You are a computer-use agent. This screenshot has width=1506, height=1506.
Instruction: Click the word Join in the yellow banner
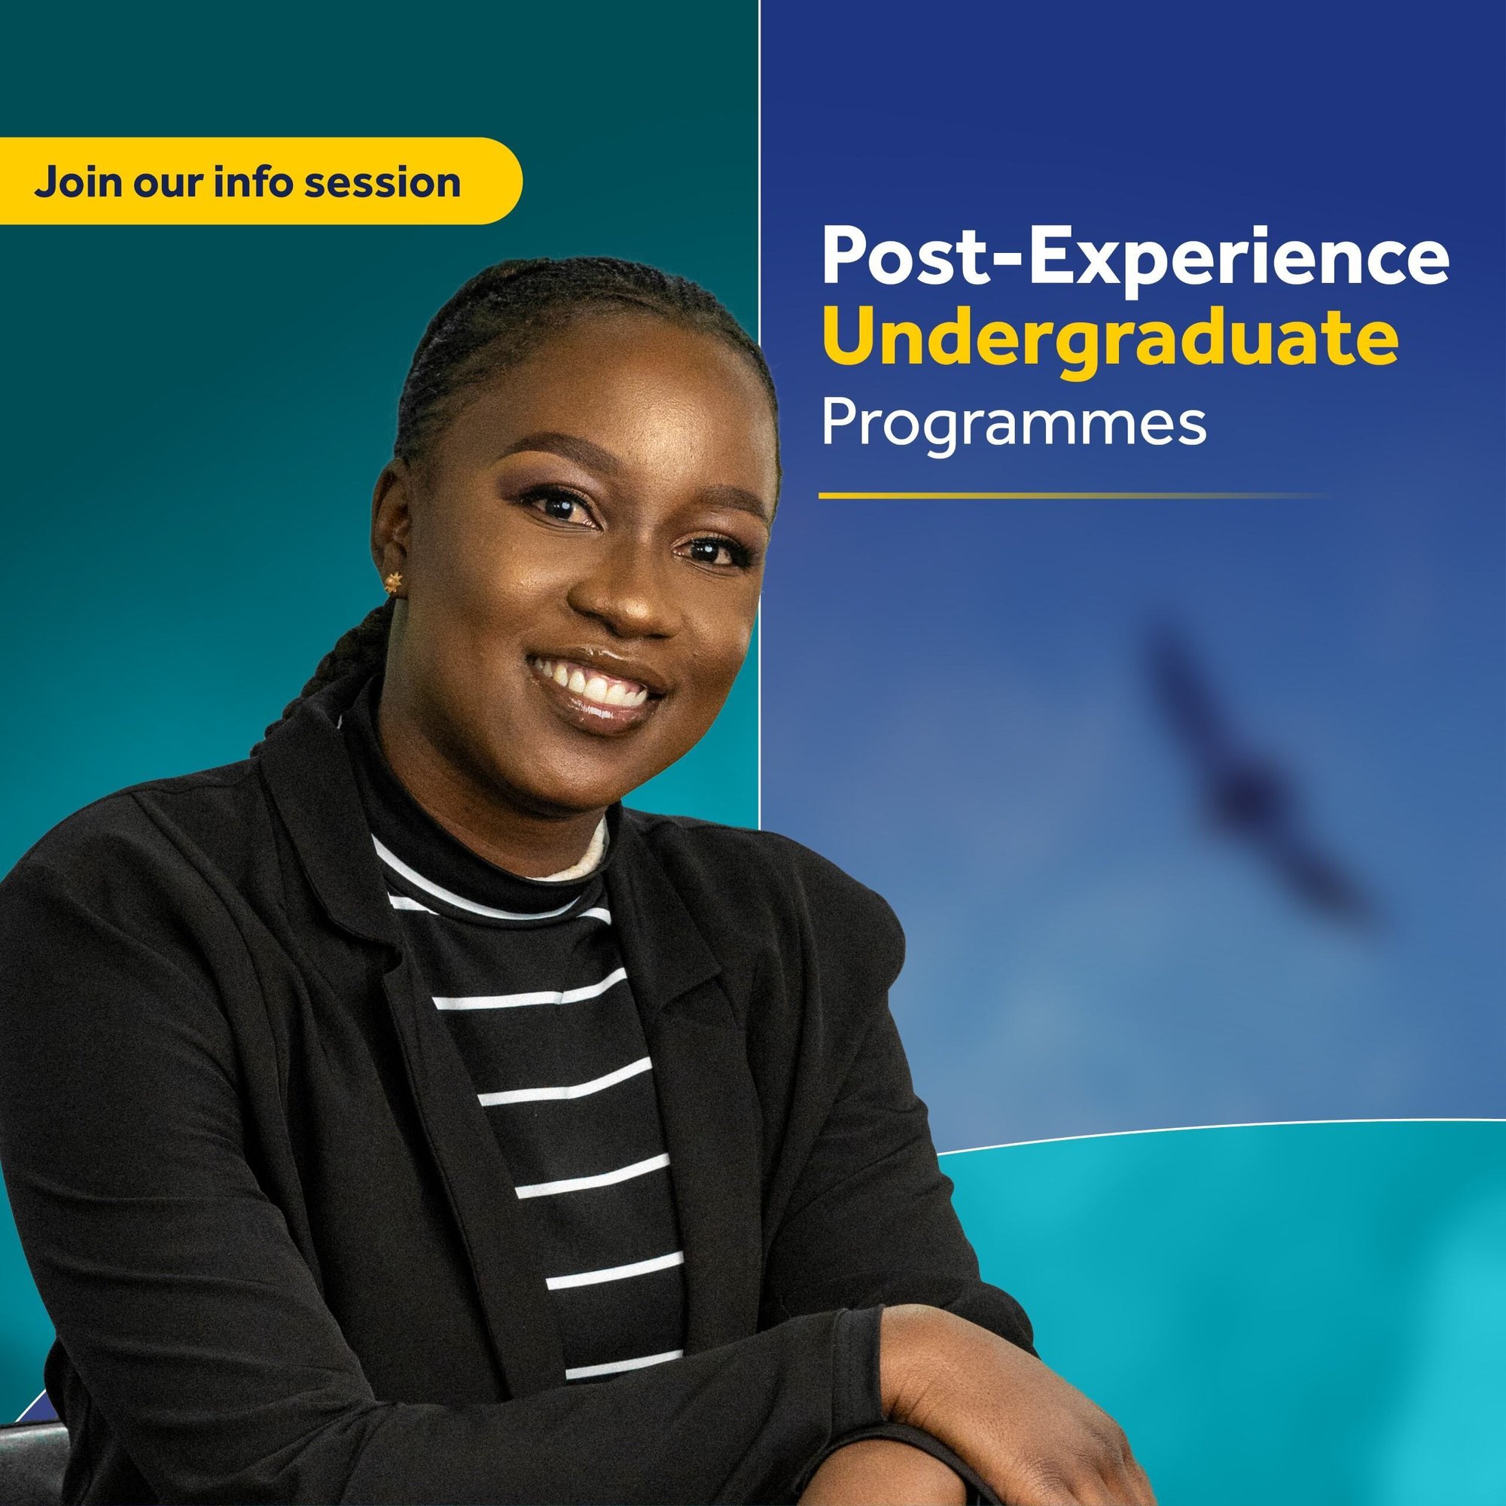tap(76, 182)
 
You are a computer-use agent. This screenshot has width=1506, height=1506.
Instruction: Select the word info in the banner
tap(252, 181)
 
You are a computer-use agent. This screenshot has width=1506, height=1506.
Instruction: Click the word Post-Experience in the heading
tap(1135, 257)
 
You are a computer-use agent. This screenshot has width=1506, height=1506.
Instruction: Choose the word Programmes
tap(1014, 423)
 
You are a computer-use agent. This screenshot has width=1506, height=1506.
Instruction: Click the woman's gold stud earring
tap(394, 581)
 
